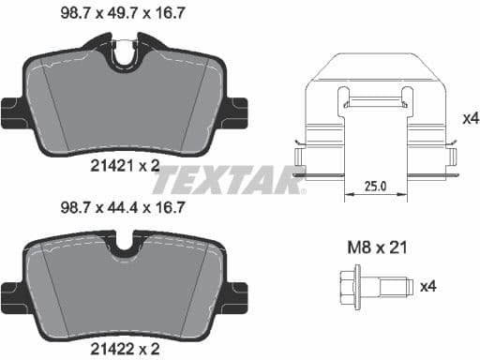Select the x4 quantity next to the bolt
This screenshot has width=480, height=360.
[x=427, y=285]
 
